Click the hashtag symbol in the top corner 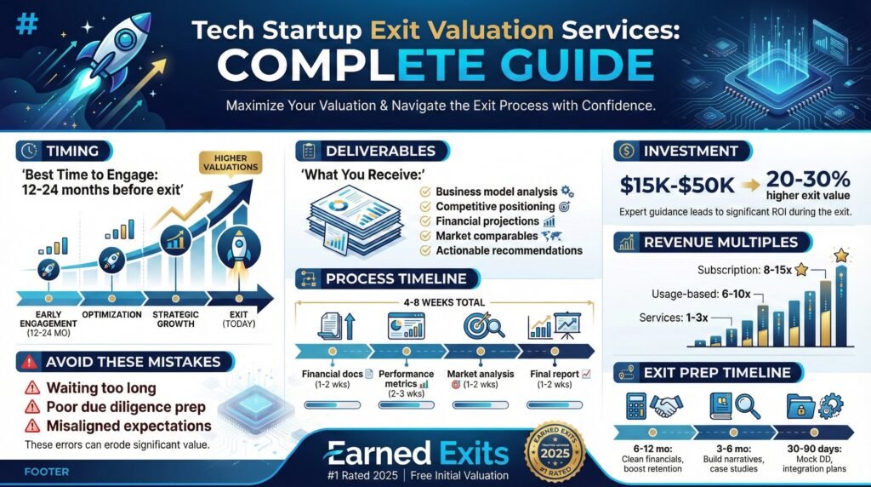tap(28, 24)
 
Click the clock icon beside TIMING tap(29, 152)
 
